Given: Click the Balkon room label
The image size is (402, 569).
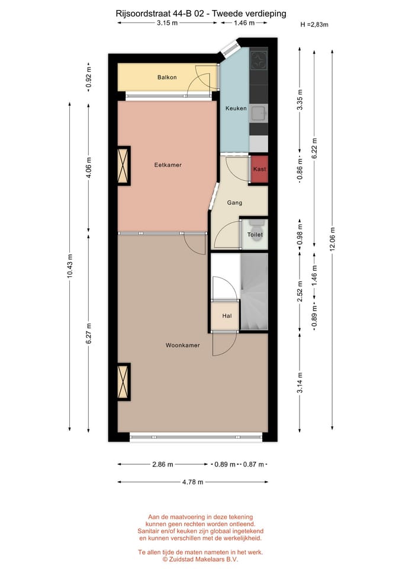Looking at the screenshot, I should (167, 78).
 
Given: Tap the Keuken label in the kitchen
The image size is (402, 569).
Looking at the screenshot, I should (236, 108).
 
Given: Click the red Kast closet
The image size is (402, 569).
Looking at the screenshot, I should (259, 170).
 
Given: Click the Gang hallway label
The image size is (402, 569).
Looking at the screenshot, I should (234, 203).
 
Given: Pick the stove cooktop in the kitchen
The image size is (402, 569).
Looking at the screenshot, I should (259, 60).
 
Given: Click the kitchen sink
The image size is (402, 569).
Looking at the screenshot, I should (258, 112).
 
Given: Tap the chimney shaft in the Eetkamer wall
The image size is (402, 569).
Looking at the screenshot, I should (124, 165).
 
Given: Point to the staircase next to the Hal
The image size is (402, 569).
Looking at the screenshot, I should (254, 290).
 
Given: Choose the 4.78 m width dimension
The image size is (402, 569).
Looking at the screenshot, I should (192, 482).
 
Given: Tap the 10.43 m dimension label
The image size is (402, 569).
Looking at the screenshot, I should (70, 266).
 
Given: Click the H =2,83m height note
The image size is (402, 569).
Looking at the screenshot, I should (314, 24).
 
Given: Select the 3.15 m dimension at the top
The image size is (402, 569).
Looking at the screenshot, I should (168, 23).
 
